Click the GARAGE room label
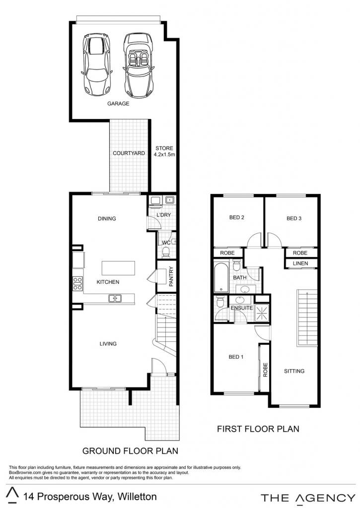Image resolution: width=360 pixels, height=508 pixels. coord(118,104)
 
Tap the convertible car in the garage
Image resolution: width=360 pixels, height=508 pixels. coord(138,65)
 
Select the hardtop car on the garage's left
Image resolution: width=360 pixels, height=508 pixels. coord(96,64)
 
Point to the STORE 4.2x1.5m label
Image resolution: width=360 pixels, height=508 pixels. coord(164,151)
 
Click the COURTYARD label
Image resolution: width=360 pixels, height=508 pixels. coord(129,153)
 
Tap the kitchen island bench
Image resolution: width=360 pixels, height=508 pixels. coord(118,268)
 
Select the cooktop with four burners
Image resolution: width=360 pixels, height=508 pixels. coord(77,283)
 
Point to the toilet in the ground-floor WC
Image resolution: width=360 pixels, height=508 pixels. coord(166,252)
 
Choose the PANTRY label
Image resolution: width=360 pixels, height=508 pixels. coord(171,276)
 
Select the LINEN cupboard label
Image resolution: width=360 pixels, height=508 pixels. coord(300,263)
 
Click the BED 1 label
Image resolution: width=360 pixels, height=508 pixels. coord(236,357)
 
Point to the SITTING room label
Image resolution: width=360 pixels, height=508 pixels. coord(294,371)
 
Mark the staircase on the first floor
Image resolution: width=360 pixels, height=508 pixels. coord(306,318)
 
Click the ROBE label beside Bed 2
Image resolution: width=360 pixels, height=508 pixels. coord(227,253)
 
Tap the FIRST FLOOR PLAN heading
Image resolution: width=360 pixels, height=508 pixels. coord(258,429)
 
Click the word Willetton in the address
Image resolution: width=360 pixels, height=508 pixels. coord(137,496)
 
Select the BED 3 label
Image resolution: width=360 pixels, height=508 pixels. coord(294,218)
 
